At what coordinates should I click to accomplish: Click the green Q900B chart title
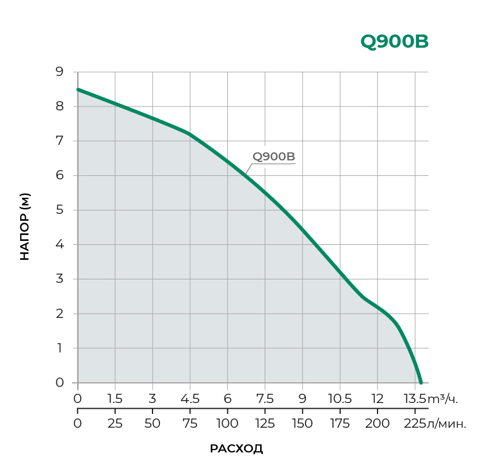click(394, 41)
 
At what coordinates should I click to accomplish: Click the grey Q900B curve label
click(274, 157)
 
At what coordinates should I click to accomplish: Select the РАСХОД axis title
click(237, 449)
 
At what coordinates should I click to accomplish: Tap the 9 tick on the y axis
click(59, 72)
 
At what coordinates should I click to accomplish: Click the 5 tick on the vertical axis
click(59, 210)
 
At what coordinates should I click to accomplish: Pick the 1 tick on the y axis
click(59, 348)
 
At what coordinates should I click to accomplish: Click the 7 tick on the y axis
click(59, 141)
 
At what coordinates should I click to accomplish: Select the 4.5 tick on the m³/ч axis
click(190, 399)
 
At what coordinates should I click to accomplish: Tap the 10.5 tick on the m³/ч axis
click(340, 399)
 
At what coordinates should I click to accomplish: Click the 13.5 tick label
click(414, 399)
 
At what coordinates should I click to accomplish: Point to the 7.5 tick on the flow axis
click(265, 399)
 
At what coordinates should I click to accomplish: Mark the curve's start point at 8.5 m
click(78, 90)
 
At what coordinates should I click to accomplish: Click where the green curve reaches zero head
click(421, 382)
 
